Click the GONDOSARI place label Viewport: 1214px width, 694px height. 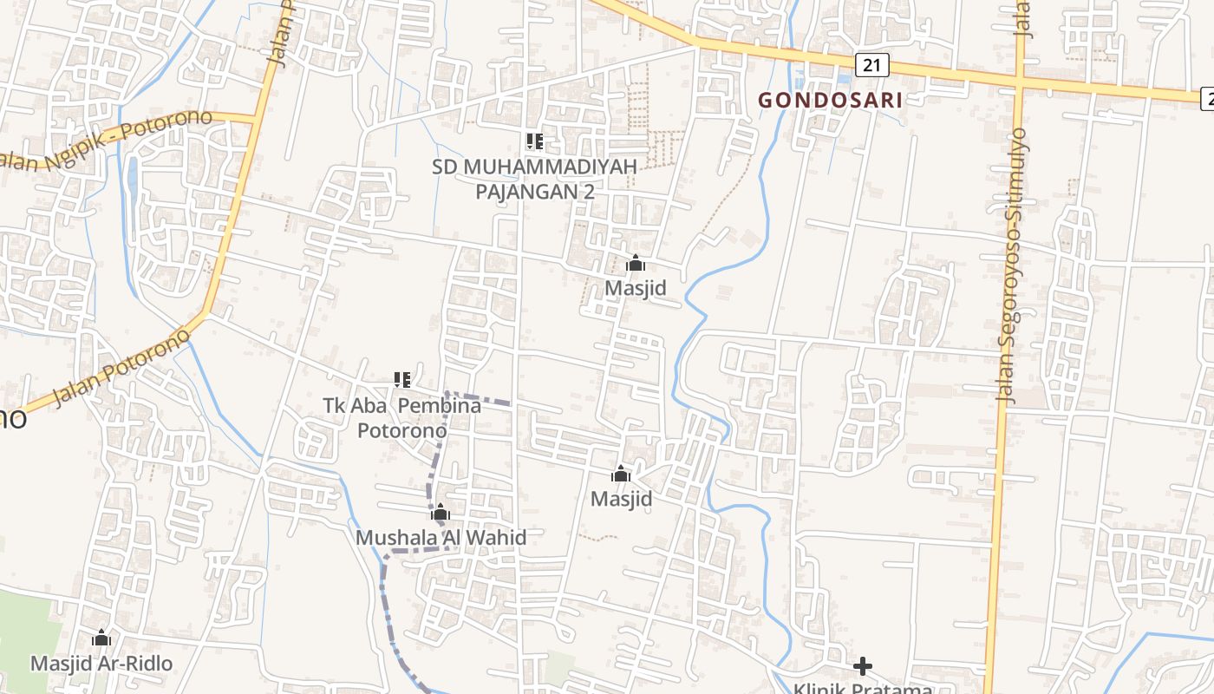click(830, 100)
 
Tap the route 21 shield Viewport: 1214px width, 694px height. click(871, 63)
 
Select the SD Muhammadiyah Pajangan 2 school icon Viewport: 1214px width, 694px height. click(534, 141)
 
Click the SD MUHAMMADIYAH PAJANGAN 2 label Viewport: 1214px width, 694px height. click(534, 178)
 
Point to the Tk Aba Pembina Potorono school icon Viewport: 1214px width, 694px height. click(401, 379)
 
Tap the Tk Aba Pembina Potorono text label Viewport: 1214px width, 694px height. click(402, 417)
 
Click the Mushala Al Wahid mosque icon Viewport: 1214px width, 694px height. click(441, 512)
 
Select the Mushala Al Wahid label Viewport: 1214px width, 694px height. click(441, 538)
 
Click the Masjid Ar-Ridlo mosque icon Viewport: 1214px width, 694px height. click(101, 638)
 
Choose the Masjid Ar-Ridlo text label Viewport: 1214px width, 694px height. click(101, 664)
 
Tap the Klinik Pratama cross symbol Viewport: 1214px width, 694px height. click(862, 666)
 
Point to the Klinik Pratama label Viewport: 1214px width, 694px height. click(862, 688)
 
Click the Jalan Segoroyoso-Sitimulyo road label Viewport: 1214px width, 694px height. click(1013, 265)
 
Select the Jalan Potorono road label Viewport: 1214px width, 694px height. click(121, 366)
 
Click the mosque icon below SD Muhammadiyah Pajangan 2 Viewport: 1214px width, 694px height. click(636, 263)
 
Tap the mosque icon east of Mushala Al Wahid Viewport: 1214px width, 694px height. click(621, 474)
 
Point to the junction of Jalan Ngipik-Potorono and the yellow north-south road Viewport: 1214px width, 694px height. click(257, 118)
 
